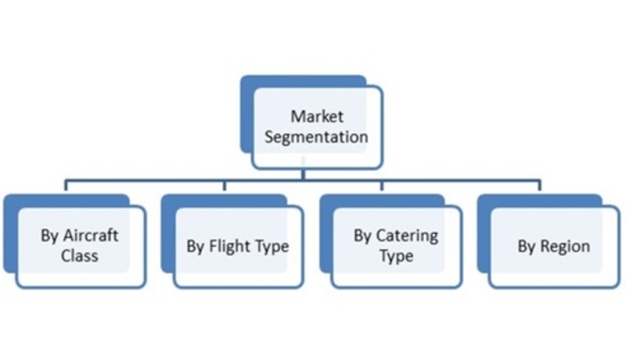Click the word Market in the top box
point(317,117)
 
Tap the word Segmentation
point(316,137)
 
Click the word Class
point(80,255)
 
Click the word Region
point(565,247)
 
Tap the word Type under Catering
point(396,256)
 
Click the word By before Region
point(527,247)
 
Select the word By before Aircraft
point(50,236)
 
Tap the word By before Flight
point(196,247)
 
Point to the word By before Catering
point(363,236)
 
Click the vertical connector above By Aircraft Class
point(67,186)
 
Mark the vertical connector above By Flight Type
point(225,186)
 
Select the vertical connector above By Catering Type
point(382,186)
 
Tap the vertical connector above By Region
point(540,186)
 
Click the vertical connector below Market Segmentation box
point(304,175)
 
